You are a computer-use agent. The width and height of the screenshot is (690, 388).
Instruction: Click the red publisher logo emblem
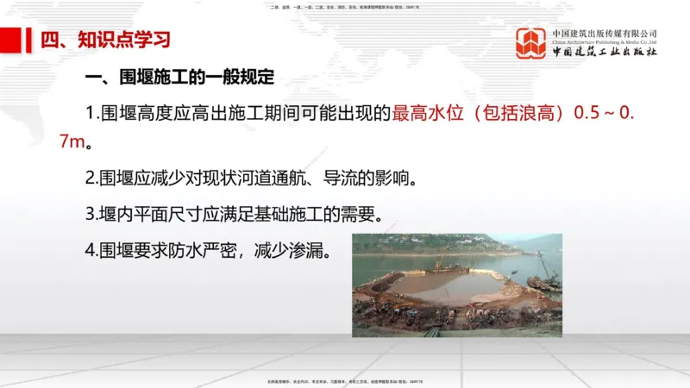coord(532,43)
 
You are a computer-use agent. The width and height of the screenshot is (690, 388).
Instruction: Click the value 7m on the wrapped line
coord(75,141)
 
